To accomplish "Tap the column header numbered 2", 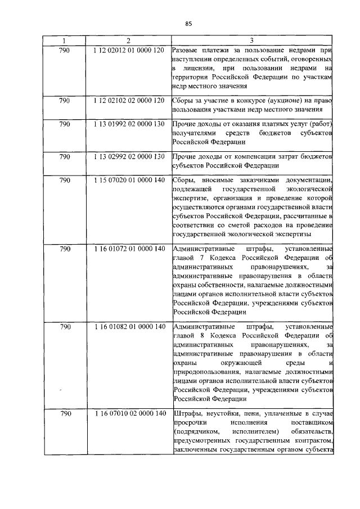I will tap(128, 40).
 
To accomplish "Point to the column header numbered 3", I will tap(251, 40).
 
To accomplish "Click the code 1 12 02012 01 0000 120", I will tap(128, 51).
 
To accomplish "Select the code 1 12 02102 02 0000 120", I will tap(128, 100).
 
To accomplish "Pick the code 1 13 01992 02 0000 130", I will tap(128, 124).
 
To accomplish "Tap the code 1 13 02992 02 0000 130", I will tap(128, 156).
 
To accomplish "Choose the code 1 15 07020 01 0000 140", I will tap(128, 180).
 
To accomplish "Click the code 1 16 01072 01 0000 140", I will tap(128, 249).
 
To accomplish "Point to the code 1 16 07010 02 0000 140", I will tap(128, 413).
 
